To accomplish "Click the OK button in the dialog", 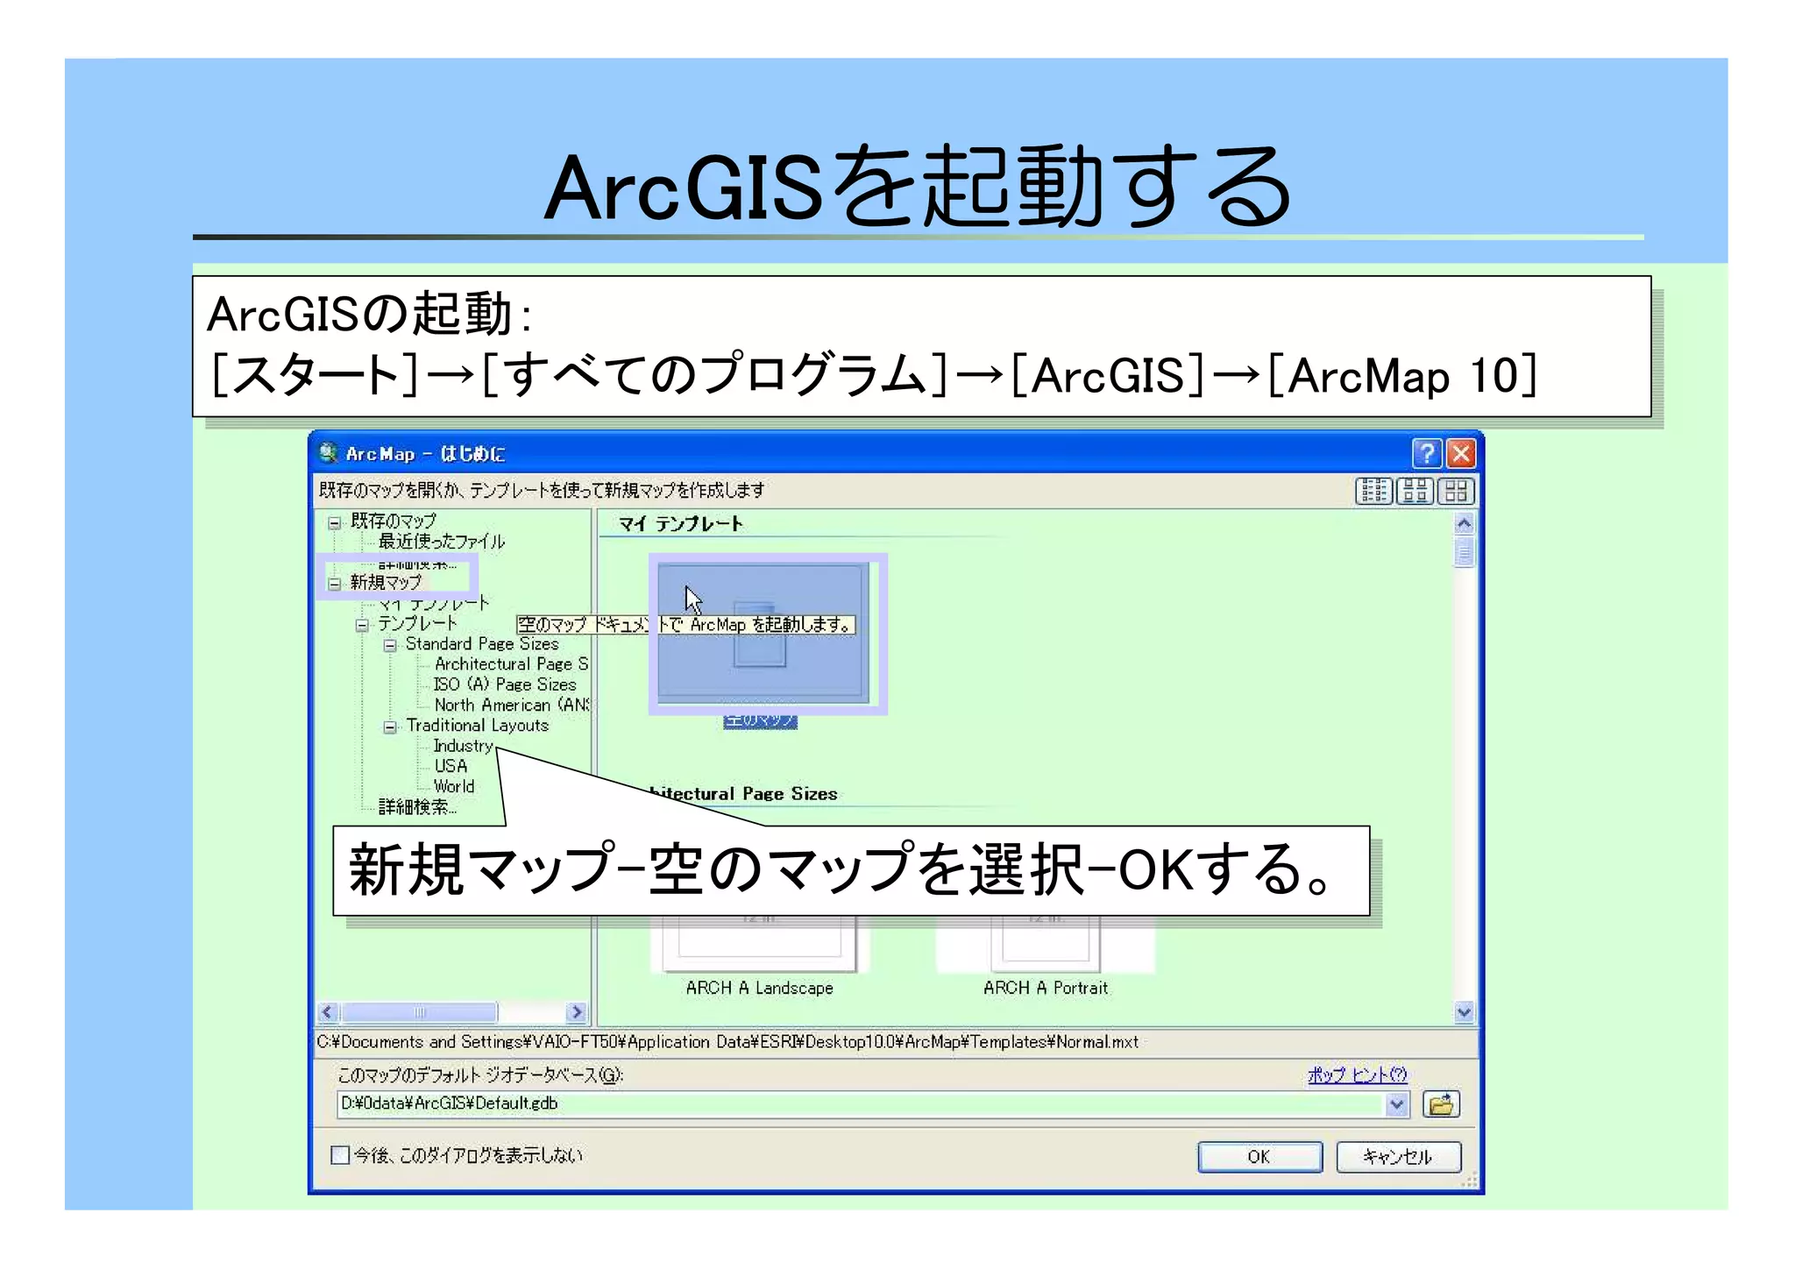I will [x=1259, y=1157].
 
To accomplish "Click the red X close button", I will [x=1460, y=453].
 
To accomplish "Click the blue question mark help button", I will [x=1426, y=453].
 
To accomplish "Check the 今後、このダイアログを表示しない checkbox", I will [x=340, y=1155].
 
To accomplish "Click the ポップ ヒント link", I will [x=1356, y=1075].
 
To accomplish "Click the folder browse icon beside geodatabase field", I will [x=1441, y=1104].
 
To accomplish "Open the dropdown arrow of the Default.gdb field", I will [x=1397, y=1104].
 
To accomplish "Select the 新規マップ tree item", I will [x=386, y=582].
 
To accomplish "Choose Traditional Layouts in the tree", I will [x=477, y=726].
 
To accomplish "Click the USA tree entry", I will [x=451, y=766].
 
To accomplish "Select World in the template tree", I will [x=454, y=787].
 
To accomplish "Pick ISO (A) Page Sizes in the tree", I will [x=505, y=684].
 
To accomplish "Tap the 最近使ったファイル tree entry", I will [x=441, y=542].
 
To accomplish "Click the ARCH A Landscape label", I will [x=759, y=989].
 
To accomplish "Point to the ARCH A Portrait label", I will [x=1045, y=989].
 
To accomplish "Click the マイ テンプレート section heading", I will [x=680, y=524].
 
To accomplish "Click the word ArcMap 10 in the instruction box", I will [x=1411, y=377].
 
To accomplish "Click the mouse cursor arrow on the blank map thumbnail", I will [x=693, y=600].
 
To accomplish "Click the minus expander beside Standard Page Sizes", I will [x=390, y=645].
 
